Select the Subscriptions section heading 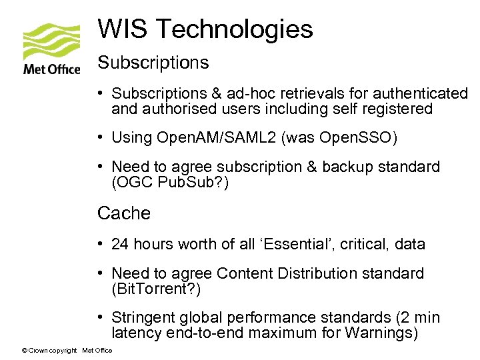[x=153, y=63]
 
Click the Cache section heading [x=124, y=213]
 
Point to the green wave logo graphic [x=51, y=41]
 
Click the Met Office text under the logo [x=51, y=68]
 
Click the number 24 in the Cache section [x=120, y=244]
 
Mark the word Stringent [x=143, y=318]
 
